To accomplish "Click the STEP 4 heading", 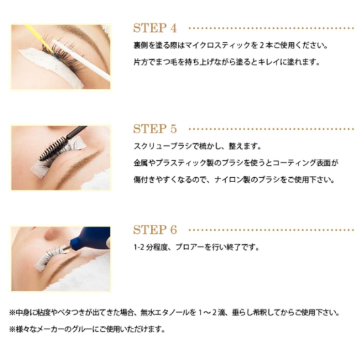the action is (x=155, y=28).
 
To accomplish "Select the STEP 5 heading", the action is (x=155, y=129).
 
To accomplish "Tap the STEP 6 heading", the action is (x=155, y=230).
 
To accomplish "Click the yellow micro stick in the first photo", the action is (x=38, y=38).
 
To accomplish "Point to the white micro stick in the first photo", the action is (x=81, y=60).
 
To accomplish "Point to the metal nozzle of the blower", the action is (x=66, y=248).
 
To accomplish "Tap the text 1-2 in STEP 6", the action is (x=139, y=247).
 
